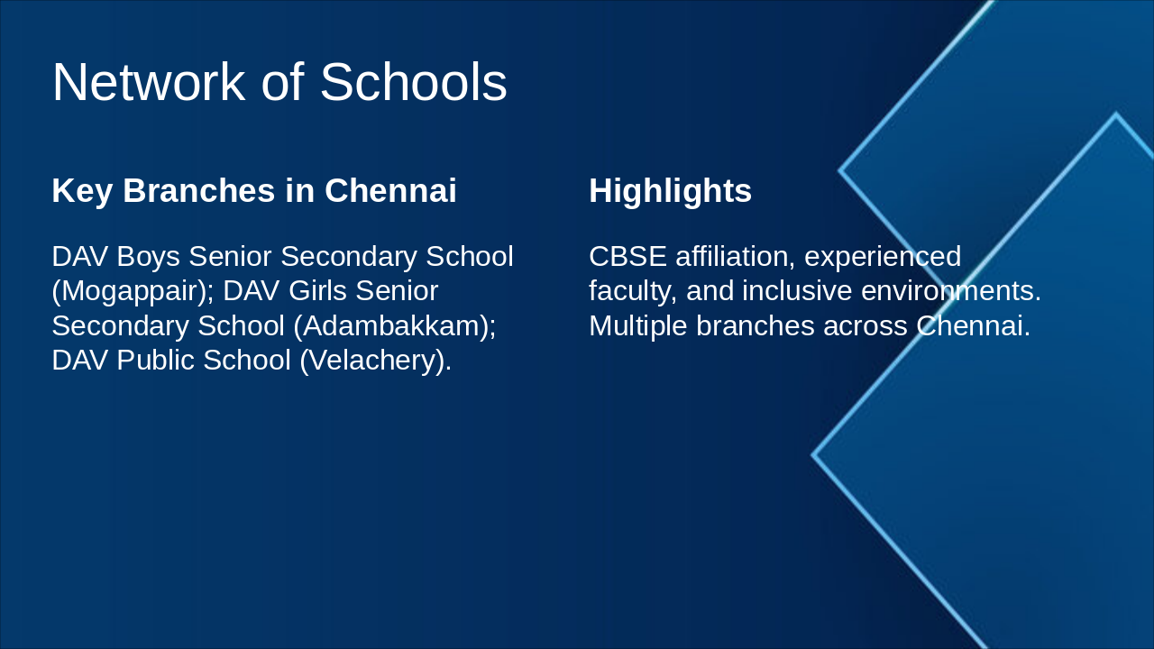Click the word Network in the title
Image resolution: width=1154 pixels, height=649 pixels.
(x=149, y=82)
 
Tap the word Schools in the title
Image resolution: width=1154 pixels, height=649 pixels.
(x=414, y=82)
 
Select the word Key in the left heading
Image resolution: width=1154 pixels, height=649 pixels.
(x=82, y=192)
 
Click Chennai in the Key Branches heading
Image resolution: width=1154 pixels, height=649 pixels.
(x=390, y=190)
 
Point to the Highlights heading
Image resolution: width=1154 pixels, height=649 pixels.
(x=670, y=192)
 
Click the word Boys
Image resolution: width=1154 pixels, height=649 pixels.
(x=149, y=257)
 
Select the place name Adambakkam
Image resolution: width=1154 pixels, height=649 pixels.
(x=390, y=326)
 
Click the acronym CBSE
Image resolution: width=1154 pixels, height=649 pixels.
(x=627, y=257)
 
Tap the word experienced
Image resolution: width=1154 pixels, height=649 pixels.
(x=883, y=257)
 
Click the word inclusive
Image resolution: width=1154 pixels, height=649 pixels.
(x=797, y=291)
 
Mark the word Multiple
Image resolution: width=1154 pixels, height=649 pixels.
(x=637, y=326)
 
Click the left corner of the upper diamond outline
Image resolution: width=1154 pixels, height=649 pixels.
(x=839, y=170)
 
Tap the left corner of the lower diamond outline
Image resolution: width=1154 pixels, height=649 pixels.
(x=813, y=455)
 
